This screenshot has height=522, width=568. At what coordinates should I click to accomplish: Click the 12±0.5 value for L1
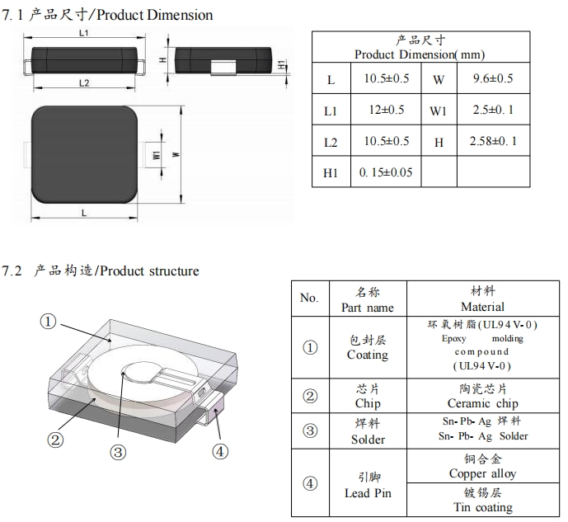(386, 110)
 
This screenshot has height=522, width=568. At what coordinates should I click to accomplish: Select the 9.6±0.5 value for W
(492, 78)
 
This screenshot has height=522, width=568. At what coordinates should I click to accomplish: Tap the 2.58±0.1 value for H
(493, 141)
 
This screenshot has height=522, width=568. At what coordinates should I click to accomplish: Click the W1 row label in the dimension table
(438, 110)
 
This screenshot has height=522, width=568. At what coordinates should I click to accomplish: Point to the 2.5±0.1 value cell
(493, 110)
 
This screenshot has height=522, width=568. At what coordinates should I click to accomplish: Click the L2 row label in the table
(331, 141)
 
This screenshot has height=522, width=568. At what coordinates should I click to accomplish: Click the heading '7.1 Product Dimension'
(108, 15)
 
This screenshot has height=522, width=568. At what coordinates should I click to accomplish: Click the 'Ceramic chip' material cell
(483, 403)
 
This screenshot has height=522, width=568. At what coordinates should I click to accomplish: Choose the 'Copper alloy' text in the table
(483, 473)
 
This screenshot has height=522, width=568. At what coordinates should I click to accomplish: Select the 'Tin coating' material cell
(483, 507)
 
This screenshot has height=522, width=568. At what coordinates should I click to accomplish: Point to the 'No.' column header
(309, 298)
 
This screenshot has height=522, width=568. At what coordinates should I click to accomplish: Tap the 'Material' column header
(483, 307)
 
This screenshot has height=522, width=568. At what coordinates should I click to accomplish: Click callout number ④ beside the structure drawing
(220, 451)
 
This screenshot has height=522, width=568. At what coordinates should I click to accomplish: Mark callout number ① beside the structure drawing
(49, 322)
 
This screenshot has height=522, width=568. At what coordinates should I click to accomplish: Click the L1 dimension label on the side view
(85, 33)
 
